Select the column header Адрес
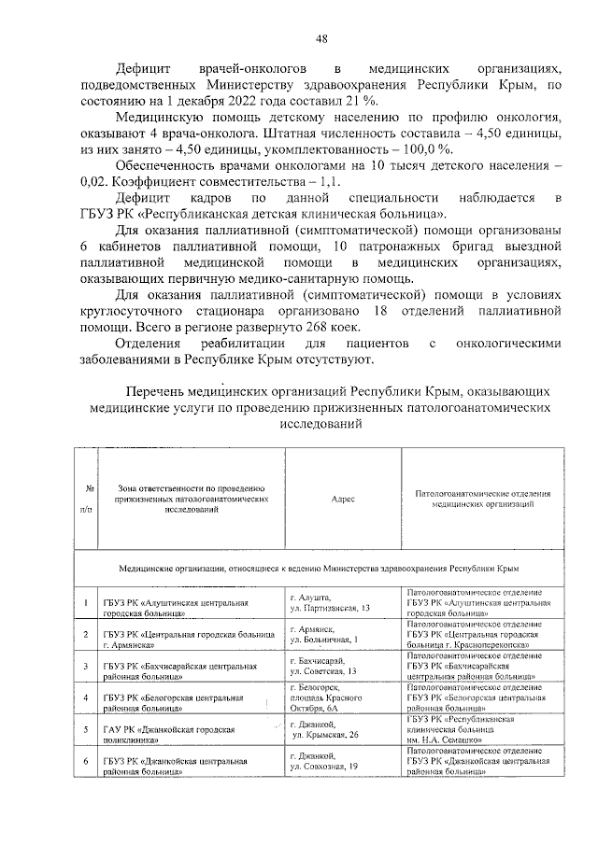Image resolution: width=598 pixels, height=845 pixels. click(x=343, y=499)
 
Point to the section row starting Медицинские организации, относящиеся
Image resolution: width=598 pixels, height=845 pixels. click(x=318, y=568)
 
